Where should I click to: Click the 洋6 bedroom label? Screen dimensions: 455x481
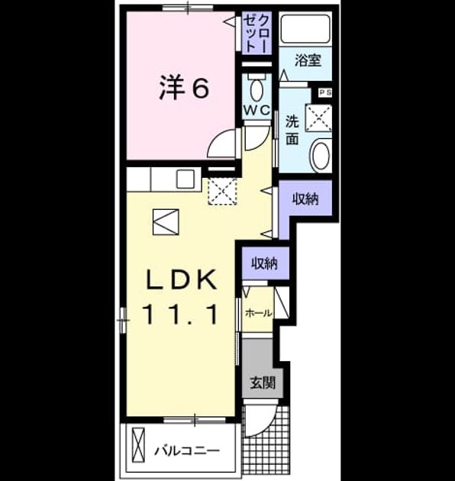click(184, 87)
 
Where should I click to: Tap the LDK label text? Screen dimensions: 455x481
click(182, 279)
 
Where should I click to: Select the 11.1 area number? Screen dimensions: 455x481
click(180, 314)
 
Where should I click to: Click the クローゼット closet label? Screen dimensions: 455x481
click(257, 32)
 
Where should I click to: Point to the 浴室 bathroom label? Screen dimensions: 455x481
click(308, 60)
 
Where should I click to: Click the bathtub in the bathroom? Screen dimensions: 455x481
click(305, 29)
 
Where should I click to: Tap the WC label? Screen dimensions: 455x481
click(257, 109)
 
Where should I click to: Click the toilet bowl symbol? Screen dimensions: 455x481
click(257, 90)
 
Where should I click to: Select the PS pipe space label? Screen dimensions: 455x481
click(325, 92)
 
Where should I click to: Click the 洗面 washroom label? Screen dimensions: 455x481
click(292, 130)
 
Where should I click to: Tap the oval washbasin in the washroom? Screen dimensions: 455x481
click(321, 155)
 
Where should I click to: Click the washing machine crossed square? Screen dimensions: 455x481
click(319, 118)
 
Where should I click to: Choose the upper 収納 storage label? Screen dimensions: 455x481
click(305, 199)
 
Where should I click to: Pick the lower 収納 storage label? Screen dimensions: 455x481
click(264, 263)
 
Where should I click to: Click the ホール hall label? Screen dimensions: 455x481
click(258, 314)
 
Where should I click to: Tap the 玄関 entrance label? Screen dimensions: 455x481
click(263, 383)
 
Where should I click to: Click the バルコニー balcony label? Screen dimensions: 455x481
click(187, 450)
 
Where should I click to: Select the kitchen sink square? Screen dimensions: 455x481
click(186, 179)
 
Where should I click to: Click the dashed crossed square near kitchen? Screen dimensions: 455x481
click(222, 191)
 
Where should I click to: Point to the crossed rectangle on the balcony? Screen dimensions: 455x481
click(138, 445)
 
